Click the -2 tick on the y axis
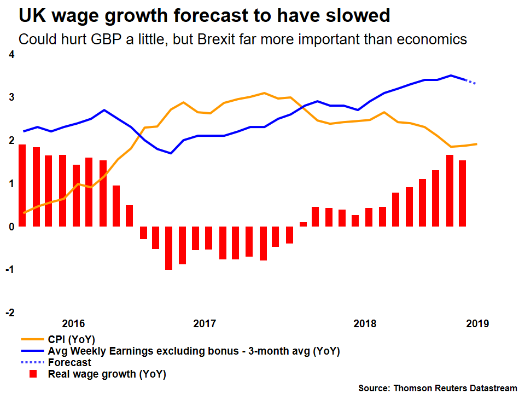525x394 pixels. (x=10, y=312)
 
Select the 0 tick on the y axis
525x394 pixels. (x=11, y=226)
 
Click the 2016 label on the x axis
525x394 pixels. (x=73, y=323)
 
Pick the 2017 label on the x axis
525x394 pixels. (x=205, y=323)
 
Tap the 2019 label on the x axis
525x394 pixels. (x=477, y=323)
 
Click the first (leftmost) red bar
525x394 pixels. (x=22, y=185)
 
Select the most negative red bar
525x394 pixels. (x=169, y=247)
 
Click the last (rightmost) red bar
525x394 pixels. (x=462, y=193)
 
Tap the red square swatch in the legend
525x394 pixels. (x=33, y=374)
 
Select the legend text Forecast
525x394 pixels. (x=69, y=362)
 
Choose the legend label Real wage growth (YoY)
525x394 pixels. (x=107, y=374)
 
